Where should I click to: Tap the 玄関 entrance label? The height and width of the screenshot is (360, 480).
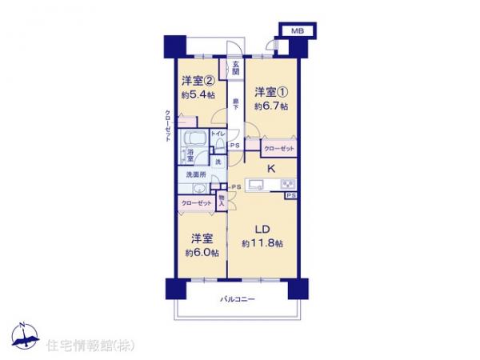tap(237, 69)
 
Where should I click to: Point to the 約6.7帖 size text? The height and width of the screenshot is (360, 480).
tap(271, 106)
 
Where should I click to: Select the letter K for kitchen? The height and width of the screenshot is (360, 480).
tap(271, 168)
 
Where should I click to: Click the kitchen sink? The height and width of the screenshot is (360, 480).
tap(257, 186)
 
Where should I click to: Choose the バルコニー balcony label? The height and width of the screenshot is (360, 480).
tap(238, 300)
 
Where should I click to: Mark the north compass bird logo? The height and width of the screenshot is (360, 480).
tap(23, 338)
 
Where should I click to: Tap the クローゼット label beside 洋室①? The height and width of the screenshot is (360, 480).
tap(278, 150)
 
